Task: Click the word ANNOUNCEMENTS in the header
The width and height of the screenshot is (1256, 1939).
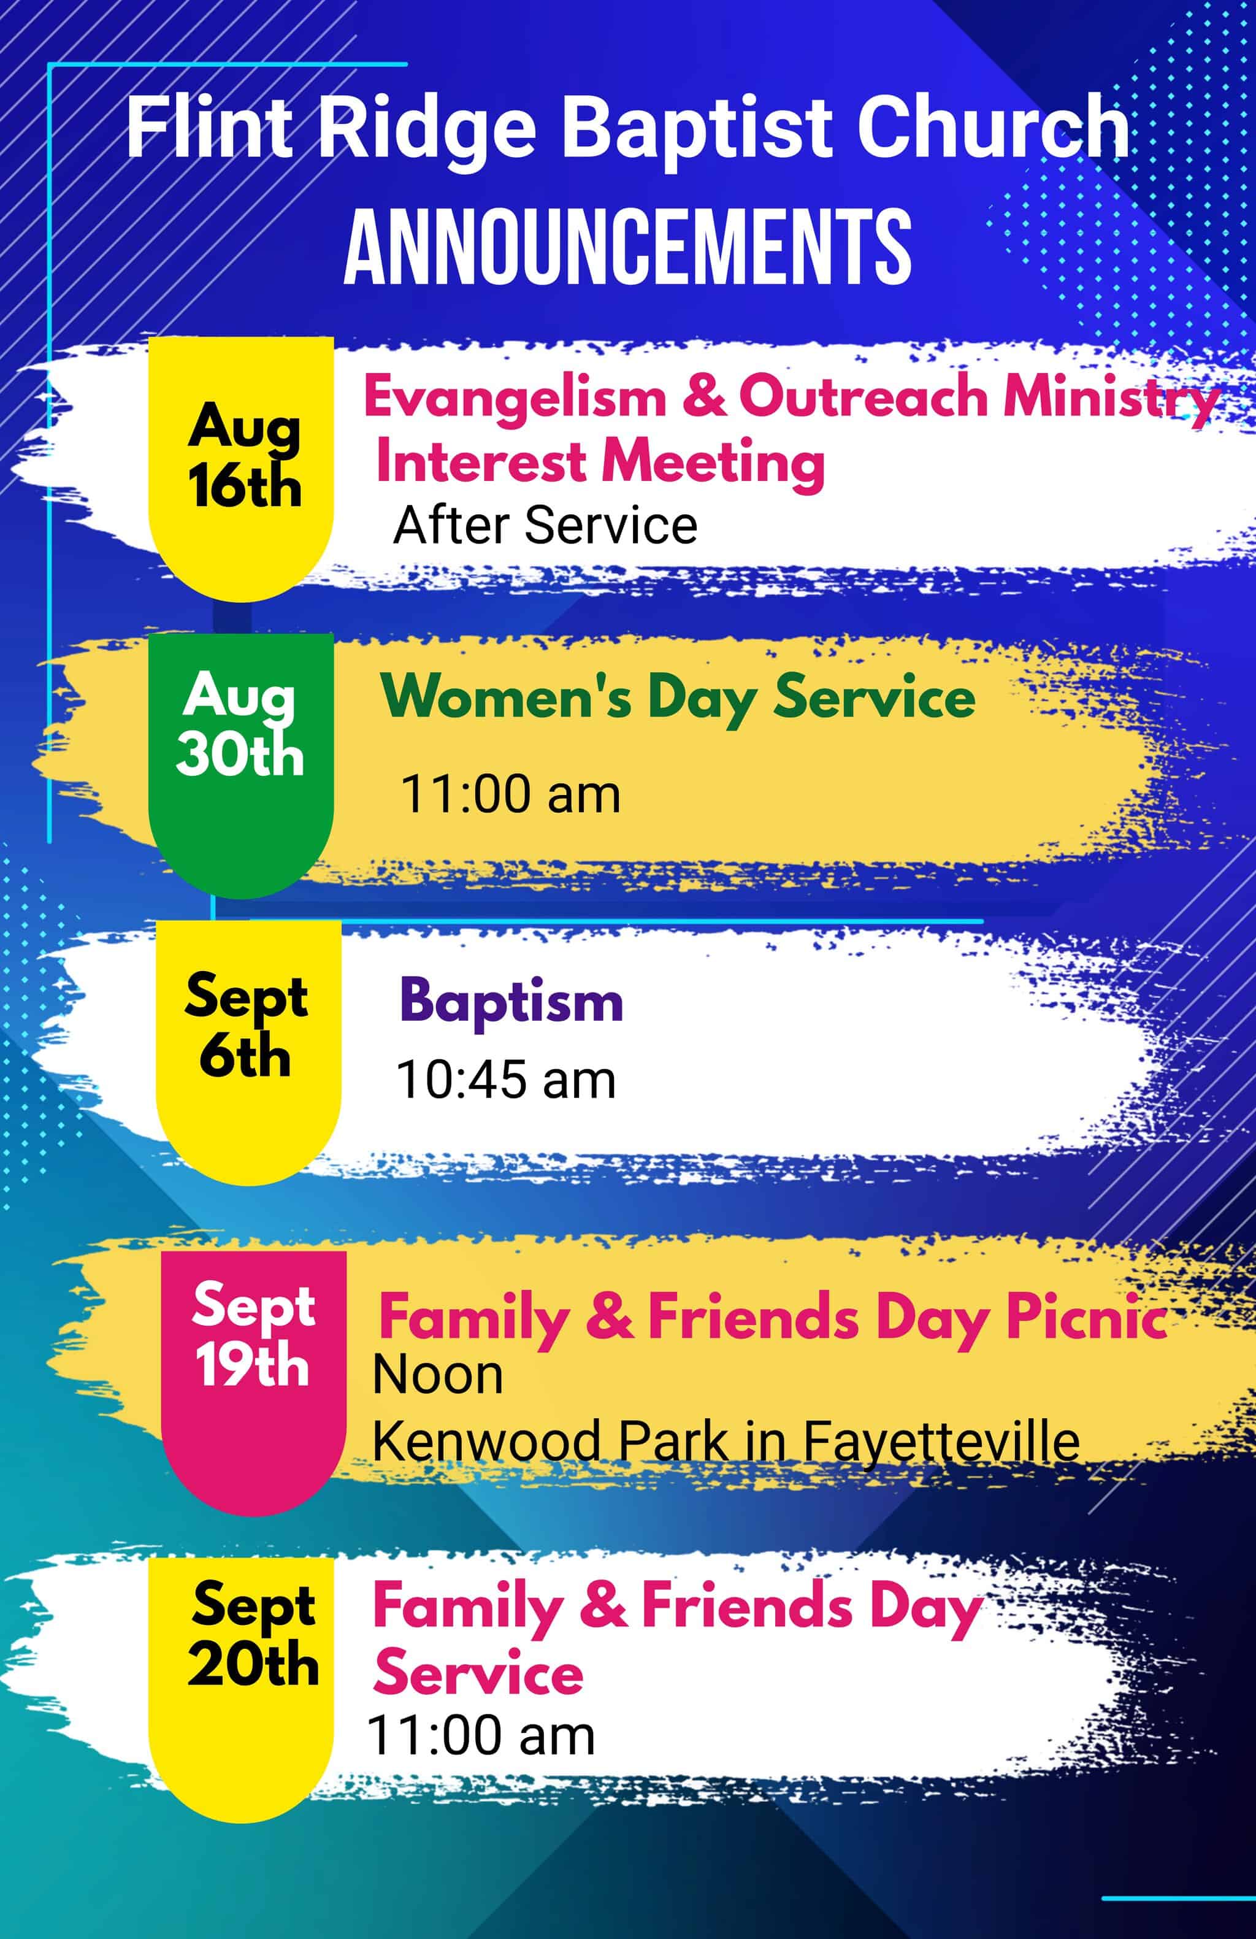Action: point(627,245)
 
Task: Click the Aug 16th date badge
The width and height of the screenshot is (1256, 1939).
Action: point(241,469)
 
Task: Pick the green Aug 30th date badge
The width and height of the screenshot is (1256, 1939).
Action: point(241,766)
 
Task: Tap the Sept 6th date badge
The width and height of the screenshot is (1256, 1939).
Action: point(248,1053)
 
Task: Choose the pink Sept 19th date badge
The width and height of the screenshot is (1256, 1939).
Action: point(254,1383)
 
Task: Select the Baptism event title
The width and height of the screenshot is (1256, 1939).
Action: point(511,1000)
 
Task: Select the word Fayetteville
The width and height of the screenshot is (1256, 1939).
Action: point(941,1443)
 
